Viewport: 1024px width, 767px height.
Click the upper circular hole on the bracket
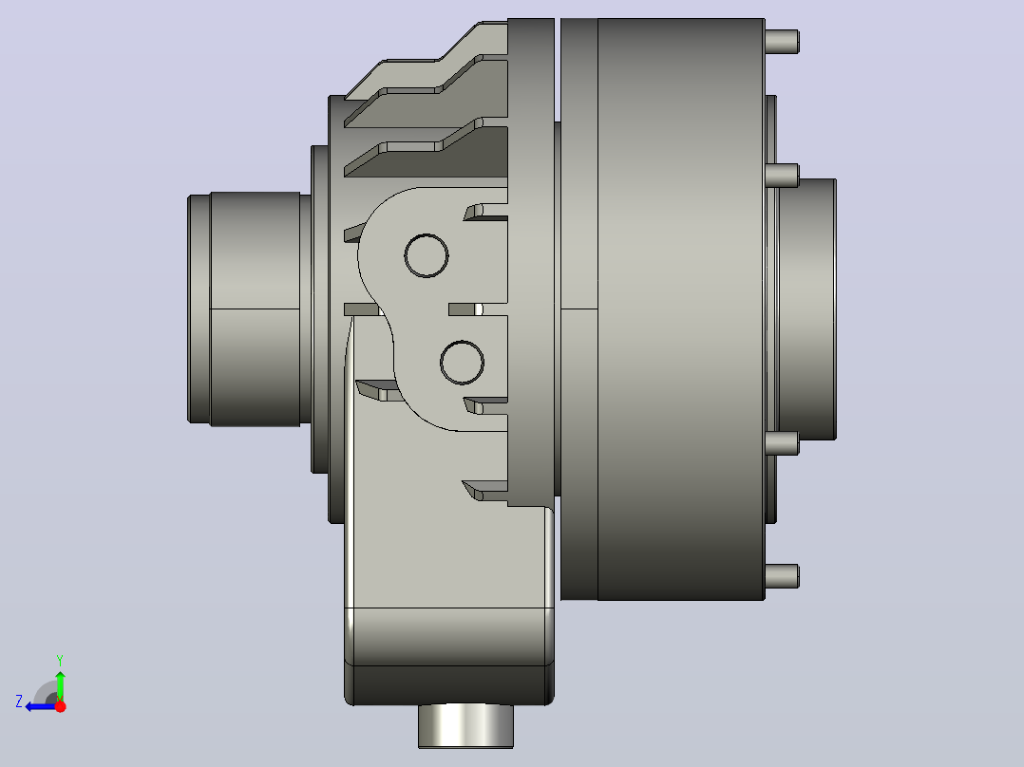tap(427, 255)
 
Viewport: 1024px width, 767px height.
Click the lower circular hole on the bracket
tap(463, 363)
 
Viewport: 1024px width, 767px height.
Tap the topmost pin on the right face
tap(782, 42)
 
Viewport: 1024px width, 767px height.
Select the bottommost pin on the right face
tap(782, 576)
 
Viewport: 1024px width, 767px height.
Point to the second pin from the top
tap(782, 175)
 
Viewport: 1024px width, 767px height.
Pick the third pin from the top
tap(782, 443)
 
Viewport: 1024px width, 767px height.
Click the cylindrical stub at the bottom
tap(465, 726)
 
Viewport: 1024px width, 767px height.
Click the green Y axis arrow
tap(60, 685)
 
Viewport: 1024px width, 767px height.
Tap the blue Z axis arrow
tap(42, 706)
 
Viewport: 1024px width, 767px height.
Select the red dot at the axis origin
tap(60, 706)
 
